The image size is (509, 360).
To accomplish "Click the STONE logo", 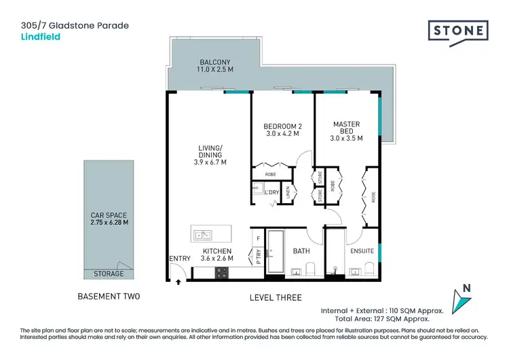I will (x=458, y=32).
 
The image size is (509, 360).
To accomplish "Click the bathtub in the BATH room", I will (x=276, y=254).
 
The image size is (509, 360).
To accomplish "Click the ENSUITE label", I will (x=362, y=251).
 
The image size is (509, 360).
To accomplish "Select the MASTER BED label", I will (x=346, y=124).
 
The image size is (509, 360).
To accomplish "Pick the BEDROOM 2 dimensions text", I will (x=282, y=134).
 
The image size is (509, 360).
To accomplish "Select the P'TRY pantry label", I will (x=258, y=257).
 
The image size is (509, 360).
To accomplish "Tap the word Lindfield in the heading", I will (x=41, y=37).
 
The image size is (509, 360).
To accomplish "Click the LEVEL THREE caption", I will (x=275, y=298).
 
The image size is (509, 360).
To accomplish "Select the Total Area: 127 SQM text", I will (x=398, y=318).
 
